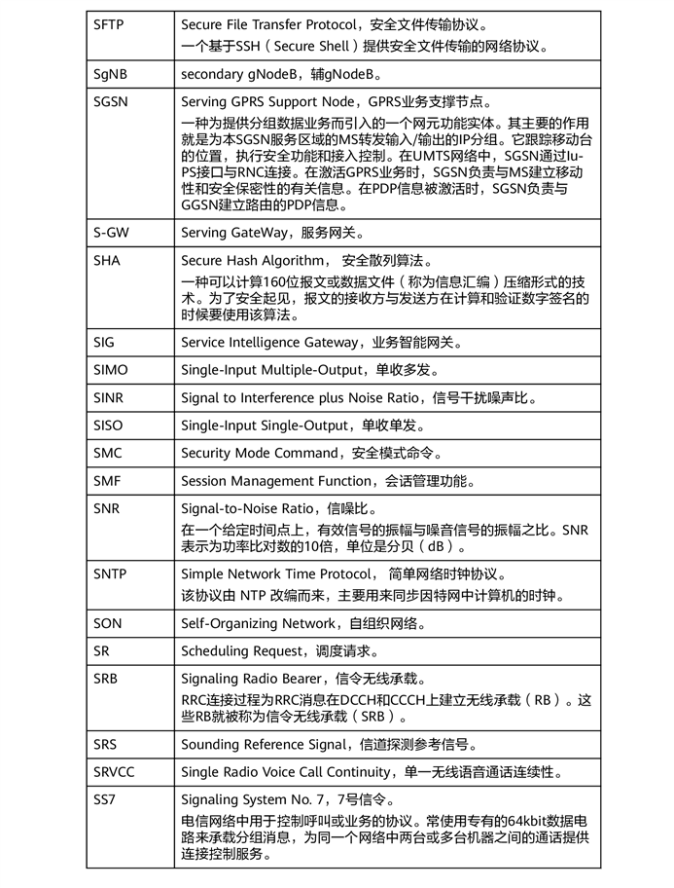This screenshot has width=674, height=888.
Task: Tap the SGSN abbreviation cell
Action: (x=112, y=102)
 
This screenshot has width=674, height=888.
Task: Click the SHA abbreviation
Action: (x=108, y=261)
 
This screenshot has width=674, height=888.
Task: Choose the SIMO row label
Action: (x=111, y=343)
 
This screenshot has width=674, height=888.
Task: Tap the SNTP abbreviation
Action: (x=110, y=574)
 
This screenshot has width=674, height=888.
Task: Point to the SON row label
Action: (x=108, y=623)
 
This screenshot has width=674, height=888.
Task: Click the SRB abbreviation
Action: (x=107, y=679)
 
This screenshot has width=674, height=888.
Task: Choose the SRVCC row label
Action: (x=115, y=772)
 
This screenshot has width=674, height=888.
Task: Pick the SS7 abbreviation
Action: (x=106, y=799)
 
